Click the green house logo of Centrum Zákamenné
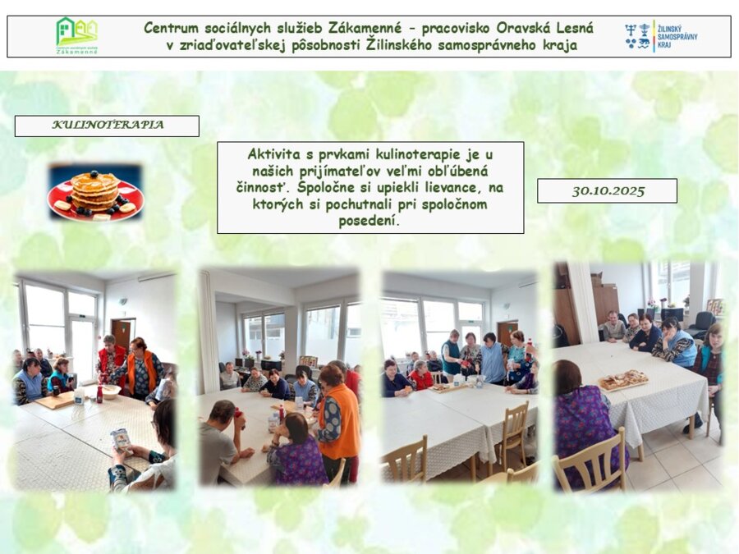[77, 36]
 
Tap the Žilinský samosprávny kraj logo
[661, 36]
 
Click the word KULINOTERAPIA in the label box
[108, 125]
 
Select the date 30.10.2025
[608, 190]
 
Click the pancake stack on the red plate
[95, 190]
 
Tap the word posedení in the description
[369, 221]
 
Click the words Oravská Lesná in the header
[544, 28]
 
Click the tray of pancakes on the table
[623, 379]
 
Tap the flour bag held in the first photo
[122, 442]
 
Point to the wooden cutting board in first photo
[56, 401]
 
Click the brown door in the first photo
[122, 335]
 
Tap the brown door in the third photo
[507, 334]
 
